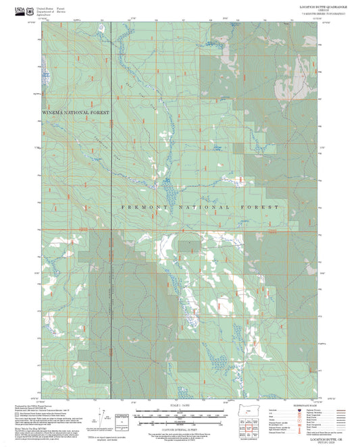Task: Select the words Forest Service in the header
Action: pos(61,8)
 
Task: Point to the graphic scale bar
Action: pos(178,411)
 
